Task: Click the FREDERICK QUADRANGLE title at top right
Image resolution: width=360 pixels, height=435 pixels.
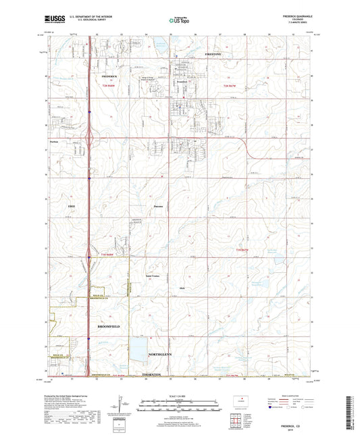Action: [295, 14]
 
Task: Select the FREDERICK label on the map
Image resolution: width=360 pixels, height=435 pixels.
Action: [109, 68]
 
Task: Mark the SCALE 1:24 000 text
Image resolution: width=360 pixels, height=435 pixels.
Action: [180, 395]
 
